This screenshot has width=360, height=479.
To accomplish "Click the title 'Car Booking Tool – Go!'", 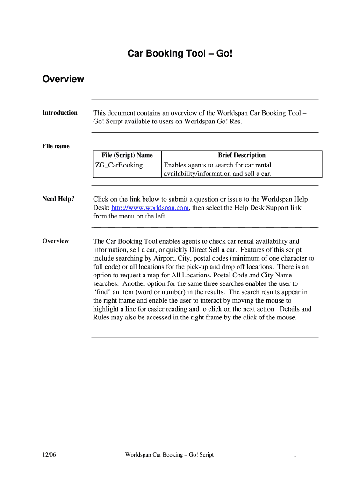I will (x=180, y=54).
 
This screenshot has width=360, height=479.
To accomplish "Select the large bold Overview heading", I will (x=63, y=79).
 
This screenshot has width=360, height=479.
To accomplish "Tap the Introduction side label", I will (x=60, y=113).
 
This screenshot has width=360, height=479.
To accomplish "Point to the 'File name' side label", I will (x=56, y=146).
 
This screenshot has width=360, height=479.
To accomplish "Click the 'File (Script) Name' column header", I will (x=127, y=155).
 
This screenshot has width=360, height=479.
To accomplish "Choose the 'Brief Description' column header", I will (x=242, y=155).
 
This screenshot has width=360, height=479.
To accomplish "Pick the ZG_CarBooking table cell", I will (x=119, y=165).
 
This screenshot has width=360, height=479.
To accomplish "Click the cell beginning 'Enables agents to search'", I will (x=217, y=169).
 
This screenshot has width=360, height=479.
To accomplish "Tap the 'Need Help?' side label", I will (x=58, y=199).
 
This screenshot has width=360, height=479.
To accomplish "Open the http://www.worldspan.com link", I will (x=150, y=208).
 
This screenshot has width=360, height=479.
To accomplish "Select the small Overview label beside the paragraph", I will (x=56, y=241).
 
